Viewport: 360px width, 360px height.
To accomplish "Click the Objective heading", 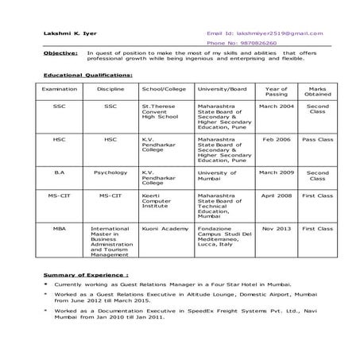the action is click(60, 52).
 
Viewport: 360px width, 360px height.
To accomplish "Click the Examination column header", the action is click(60, 90).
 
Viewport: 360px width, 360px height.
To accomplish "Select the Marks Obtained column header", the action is click(318, 92).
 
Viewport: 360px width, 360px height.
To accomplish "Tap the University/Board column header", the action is click(222, 90).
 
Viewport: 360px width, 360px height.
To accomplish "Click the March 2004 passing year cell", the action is click(277, 106).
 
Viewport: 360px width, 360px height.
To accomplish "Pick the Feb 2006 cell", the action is click(277, 139).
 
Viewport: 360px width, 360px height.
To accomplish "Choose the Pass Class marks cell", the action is click(318, 139).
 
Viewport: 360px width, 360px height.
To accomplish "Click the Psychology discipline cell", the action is click(110, 172).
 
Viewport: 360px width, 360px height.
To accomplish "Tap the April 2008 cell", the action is click(277, 195).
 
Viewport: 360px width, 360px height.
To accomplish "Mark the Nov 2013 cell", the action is click(277, 228).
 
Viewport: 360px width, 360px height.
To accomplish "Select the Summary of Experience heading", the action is click(86, 274).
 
